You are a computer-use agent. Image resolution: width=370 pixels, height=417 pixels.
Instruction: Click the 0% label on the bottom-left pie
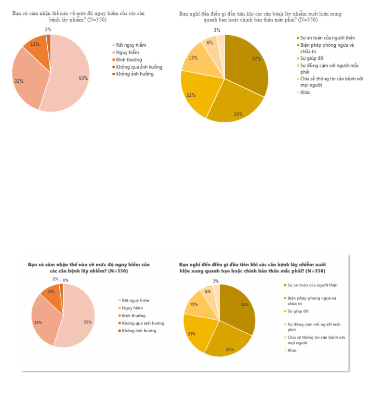[x=65, y=280]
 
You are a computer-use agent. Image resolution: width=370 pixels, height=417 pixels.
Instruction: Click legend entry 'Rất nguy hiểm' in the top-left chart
[x=131, y=45]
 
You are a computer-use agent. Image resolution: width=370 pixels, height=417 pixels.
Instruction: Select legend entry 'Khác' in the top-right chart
[x=305, y=92]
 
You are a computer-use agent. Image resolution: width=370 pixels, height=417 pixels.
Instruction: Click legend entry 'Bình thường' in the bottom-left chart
[x=133, y=315]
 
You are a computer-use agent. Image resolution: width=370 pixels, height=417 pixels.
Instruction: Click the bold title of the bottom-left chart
[x=89, y=268]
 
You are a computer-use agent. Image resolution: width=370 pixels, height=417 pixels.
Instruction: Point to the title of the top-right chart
[x=260, y=17]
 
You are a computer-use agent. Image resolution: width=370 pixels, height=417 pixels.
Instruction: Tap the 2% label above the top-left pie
[x=48, y=29]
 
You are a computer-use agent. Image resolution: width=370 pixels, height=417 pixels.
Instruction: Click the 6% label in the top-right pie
[x=210, y=42]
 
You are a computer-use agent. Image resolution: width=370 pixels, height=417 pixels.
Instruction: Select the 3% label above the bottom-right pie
[x=215, y=281]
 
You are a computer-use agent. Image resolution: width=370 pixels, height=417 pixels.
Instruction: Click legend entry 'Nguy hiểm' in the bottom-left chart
[x=132, y=308]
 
